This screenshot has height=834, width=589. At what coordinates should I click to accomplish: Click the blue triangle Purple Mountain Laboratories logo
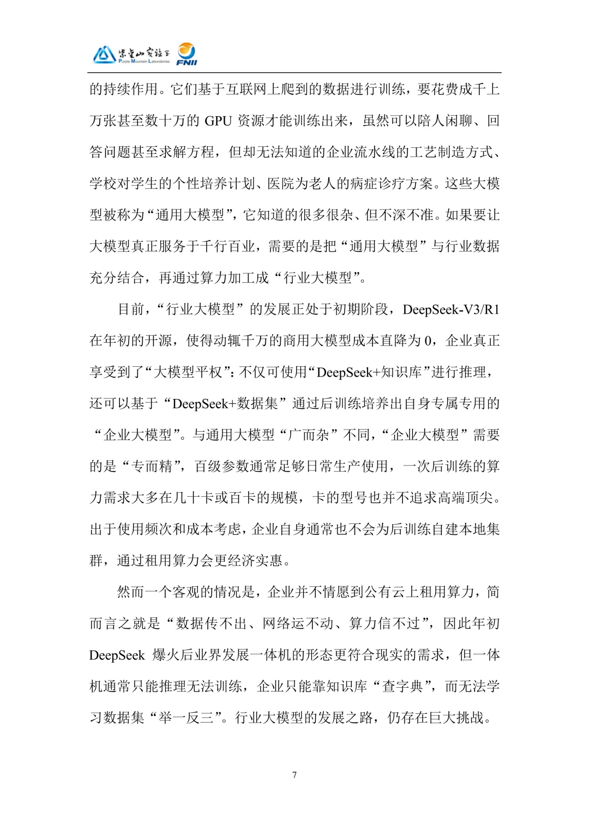[104, 55]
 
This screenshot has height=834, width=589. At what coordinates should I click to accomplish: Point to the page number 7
[294, 775]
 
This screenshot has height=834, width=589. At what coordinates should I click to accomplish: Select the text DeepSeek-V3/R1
[451, 309]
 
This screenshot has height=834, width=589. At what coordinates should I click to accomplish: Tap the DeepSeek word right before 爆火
[117, 655]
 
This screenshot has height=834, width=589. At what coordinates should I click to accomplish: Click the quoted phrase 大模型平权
[188, 372]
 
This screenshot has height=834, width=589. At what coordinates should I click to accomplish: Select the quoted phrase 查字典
[403, 687]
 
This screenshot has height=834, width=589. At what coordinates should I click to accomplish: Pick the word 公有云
[384, 592]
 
